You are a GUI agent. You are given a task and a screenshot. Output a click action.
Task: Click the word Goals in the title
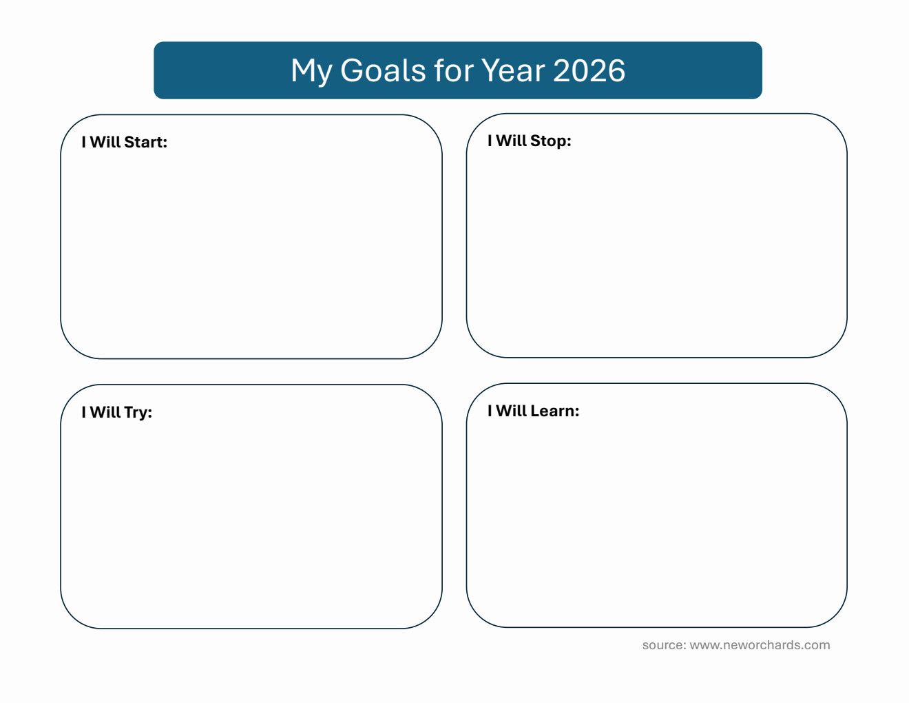384,70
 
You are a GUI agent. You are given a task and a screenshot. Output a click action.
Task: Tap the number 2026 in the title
589,70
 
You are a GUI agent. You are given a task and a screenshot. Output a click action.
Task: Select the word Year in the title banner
512,70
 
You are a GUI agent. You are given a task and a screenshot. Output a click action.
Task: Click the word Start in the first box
144,142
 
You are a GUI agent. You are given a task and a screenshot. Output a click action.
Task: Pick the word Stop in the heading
548,141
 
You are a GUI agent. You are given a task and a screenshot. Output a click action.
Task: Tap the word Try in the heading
136,412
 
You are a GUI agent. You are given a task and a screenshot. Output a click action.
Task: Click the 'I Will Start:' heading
125,142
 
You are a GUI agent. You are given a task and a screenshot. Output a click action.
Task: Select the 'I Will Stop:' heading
530,141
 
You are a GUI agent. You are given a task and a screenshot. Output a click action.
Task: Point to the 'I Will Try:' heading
117,412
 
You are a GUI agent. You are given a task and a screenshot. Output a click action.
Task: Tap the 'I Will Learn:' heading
534,411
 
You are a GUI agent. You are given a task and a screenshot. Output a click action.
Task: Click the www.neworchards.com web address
760,645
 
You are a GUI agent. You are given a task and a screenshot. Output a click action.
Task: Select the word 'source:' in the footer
664,645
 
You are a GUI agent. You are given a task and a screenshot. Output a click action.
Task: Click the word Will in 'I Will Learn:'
511,411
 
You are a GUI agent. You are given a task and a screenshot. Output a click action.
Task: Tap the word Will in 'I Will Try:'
105,412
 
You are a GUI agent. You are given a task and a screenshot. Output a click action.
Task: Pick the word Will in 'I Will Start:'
105,142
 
